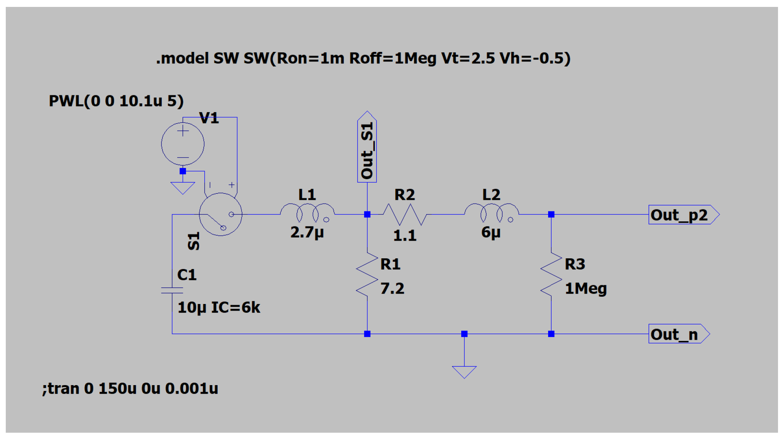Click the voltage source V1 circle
pos(183,144)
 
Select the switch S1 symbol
pos(221,214)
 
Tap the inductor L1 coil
pos(307,212)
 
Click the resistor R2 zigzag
pos(405,214)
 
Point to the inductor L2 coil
pos(491,212)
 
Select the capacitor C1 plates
pos(172,290)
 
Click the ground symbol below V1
pos(183,188)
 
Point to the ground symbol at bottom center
pos(464,372)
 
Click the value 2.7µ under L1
pos(307,233)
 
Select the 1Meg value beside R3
pos(585,289)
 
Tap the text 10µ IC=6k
pos(218,307)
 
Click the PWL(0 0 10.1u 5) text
pos(116,101)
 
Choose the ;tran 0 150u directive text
pos(130,389)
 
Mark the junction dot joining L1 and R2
pos(367,214)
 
